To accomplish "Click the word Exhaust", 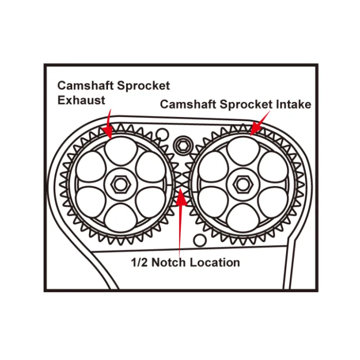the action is tap(81, 100).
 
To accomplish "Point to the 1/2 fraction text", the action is tap(139, 262).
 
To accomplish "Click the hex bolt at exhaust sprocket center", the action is tap(120, 184).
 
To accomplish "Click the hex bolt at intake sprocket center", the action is tap(243, 184).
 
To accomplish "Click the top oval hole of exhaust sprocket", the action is tap(120, 151).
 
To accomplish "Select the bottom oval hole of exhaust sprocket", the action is tap(120, 218).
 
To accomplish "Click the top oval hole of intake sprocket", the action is tap(243, 151).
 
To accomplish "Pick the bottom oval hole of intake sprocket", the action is tap(243, 218).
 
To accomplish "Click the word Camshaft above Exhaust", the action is tap(85, 85).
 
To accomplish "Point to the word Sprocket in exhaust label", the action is tap(144, 86).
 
